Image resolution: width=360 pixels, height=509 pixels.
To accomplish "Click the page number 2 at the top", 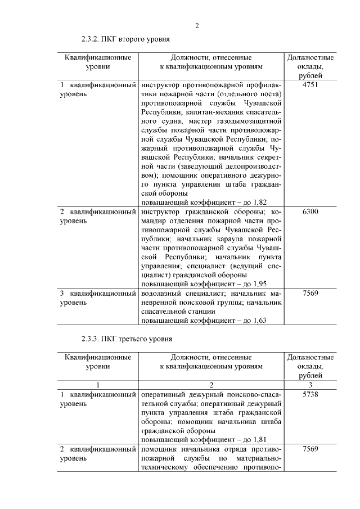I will [197, 25].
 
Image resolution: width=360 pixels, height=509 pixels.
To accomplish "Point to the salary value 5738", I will [310, 395].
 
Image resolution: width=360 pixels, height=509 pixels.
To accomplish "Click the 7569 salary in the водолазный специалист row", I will [310, 293].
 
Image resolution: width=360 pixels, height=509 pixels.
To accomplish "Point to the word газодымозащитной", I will [249, 121].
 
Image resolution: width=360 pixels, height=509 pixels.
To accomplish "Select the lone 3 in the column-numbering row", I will [310, 385].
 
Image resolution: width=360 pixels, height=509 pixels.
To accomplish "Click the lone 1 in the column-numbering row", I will [98, 385].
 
